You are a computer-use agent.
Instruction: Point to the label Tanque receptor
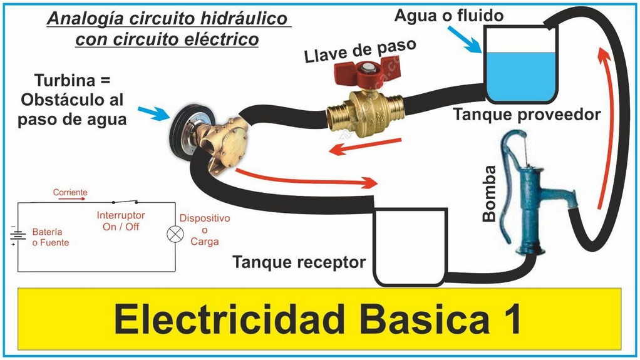pyautogui.click(x=299, y=262)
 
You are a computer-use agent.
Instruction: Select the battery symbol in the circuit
pyautogui.click(x=17, y=235)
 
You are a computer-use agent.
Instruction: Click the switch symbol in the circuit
pyautogui.click(x=125, y=202)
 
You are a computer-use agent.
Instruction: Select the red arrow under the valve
pyautogui.click(x=358, y=148)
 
